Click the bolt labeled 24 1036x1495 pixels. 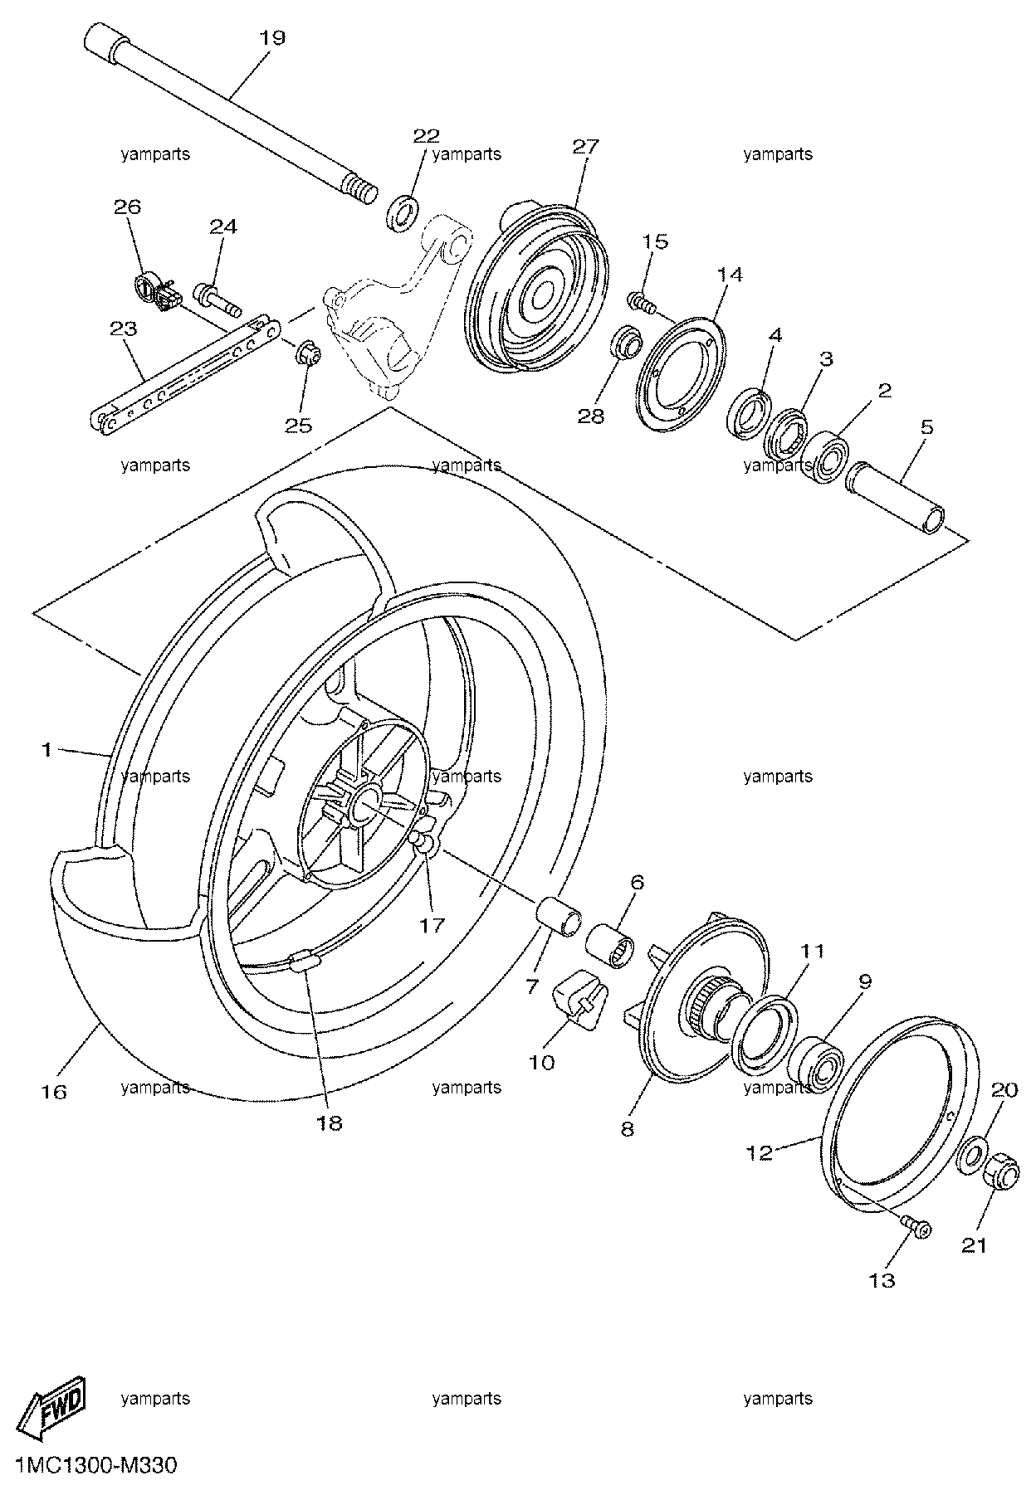[217, 300]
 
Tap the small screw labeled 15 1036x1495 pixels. [643, 302]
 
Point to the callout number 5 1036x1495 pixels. [926, 427]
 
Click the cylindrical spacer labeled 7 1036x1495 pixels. [555, 914]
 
